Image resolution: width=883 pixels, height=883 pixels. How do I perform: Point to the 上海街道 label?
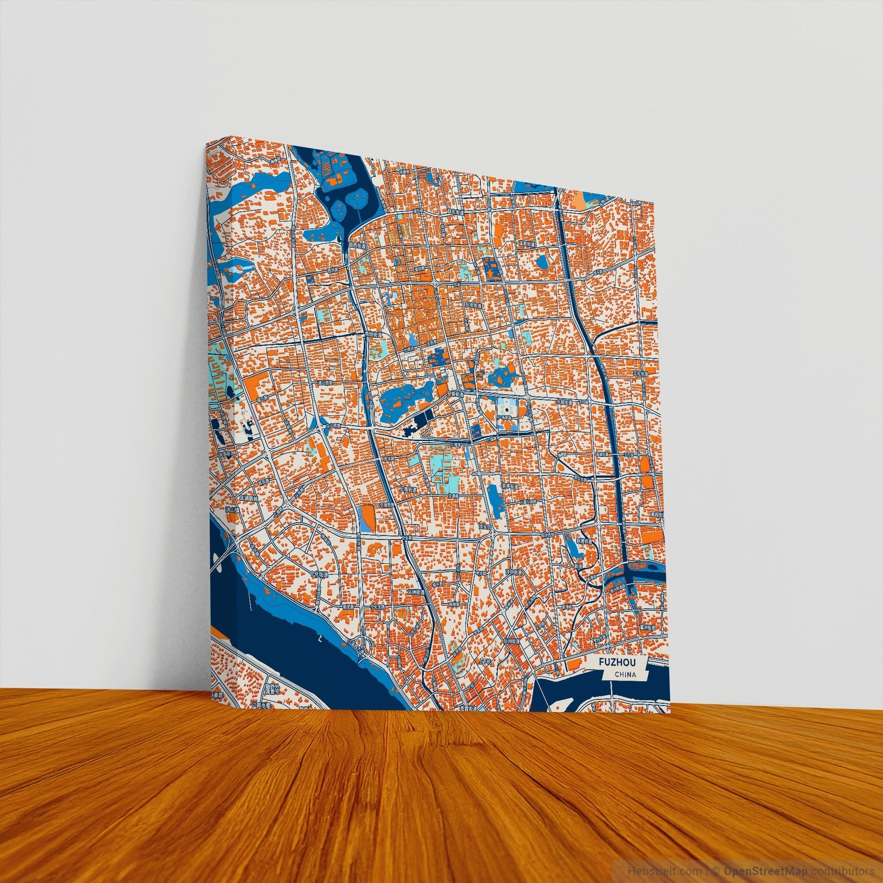click(x=408, y=489)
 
